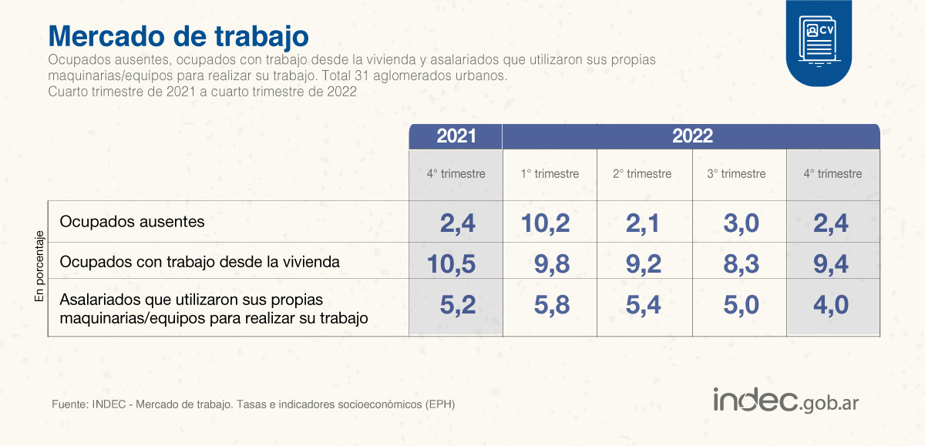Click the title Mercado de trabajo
[178, 36]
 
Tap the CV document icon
[819, 42]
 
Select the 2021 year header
[456, 136]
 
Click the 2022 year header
[692, 136]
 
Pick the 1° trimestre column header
[550, 173]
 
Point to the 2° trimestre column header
[642, 173]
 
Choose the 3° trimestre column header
[736, 173]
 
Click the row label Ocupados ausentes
[132, 222]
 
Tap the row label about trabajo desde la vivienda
[200, 262]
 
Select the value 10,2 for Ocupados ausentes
[545, 223]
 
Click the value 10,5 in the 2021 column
[451, 264]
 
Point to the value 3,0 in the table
[741, 223]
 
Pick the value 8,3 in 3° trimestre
[741, 264]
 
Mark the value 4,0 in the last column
[831, 305]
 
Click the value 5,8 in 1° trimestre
[552, 305]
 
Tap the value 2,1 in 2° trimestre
[643, 223]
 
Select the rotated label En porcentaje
[39, 266]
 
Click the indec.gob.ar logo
[785, 401]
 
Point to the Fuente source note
[253, 404]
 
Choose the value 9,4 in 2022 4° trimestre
[831, 264]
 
